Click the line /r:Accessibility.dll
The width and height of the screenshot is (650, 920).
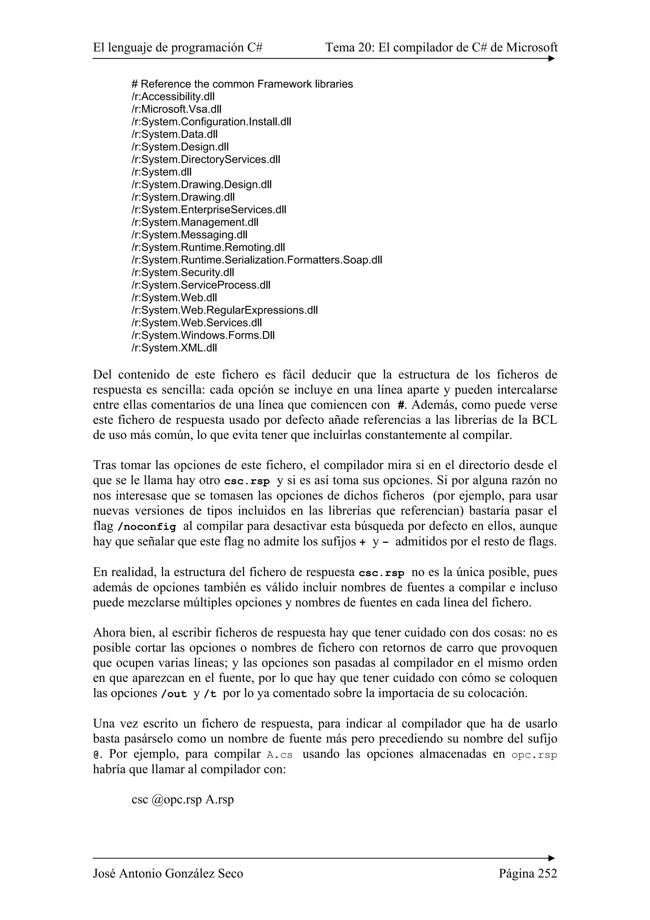[173, 97]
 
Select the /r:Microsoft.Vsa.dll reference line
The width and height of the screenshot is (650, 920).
[176, 109]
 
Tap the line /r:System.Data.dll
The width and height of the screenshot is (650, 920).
[175, 134]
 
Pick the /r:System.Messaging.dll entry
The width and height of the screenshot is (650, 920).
[189, 234]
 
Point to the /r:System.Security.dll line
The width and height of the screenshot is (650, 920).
[182, 272]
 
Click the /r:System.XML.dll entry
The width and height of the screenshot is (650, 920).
[174, 348]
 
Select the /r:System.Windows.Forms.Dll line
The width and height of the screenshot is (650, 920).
[203, 335]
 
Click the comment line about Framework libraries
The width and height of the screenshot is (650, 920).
[242, 84]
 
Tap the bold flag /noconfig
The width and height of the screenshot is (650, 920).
[147, 527]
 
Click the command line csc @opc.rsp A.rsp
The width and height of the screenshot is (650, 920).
[182, 799]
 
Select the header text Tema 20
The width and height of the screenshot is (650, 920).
[348, 48]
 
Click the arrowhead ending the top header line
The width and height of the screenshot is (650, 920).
[552, 58]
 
